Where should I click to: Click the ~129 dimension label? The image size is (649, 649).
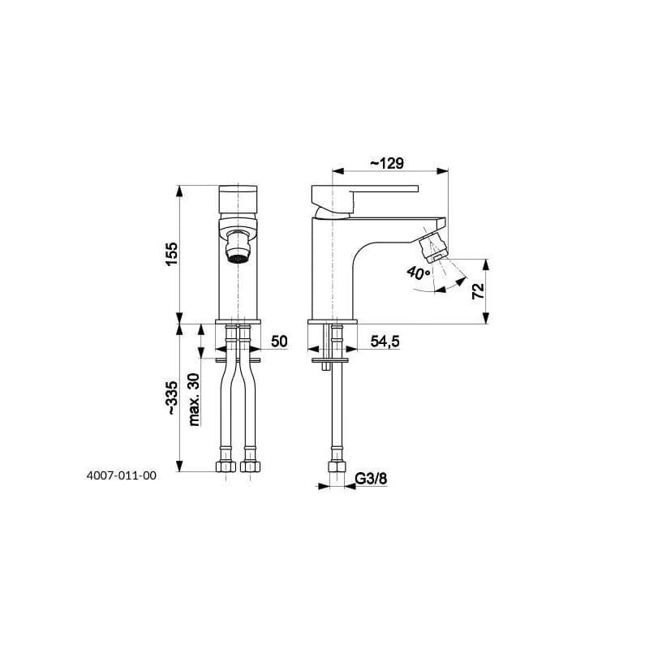click(387, 163)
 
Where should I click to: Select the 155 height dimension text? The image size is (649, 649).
click(172, 254)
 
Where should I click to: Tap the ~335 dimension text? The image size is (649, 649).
click(172, 398)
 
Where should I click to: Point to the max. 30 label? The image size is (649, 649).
click(194, 399)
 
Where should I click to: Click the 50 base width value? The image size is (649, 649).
click(279, 342)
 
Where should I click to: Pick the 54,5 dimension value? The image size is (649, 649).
click(385, 342)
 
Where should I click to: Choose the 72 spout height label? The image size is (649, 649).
click(478, 291)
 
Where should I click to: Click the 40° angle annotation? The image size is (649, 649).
click(419, 273)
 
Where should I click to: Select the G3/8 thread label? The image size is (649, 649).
click(372, 479)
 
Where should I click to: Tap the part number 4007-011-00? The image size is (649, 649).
click(121, 475)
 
